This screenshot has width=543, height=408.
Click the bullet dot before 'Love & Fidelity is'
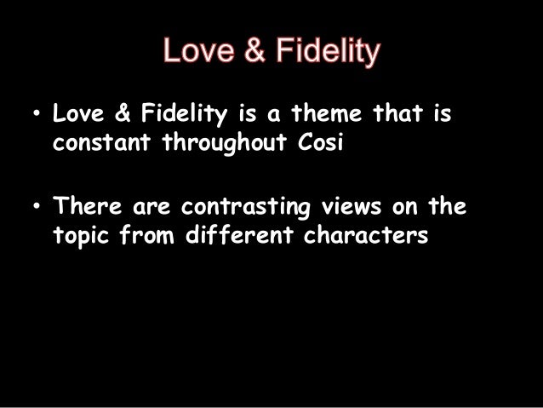point(35,114)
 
